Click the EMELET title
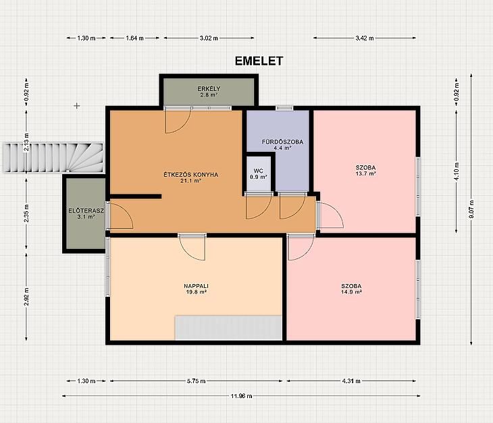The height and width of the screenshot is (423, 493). click(259, 61)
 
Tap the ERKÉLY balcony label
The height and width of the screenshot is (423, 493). click(209, 89)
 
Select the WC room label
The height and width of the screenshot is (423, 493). click(258, 171)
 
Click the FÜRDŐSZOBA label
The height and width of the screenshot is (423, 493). click(282, 142)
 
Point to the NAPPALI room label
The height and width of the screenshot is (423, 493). click(197, 286)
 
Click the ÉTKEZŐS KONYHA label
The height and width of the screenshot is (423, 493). click(191, 175)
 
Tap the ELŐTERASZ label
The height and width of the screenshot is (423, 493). click(86, 210)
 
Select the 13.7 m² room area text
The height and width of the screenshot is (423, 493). click(365, 173)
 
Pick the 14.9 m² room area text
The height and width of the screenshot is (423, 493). click(351, 291)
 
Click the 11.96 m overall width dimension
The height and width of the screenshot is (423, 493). click(241, 396)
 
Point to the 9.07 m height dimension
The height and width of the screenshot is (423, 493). click(471, 209)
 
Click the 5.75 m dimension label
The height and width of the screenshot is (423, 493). click(197, 381)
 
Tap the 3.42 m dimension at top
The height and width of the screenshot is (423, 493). click(365, 38)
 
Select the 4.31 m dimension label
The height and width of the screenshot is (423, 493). click(351, 381)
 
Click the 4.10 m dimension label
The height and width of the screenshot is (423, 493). click(457, 171)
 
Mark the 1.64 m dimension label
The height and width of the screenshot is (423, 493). click(134, 38)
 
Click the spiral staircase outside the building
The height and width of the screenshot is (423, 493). click(53, 158)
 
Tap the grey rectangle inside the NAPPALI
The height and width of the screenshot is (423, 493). click(228, 327)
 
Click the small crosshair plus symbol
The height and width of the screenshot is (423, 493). click(77, 106)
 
